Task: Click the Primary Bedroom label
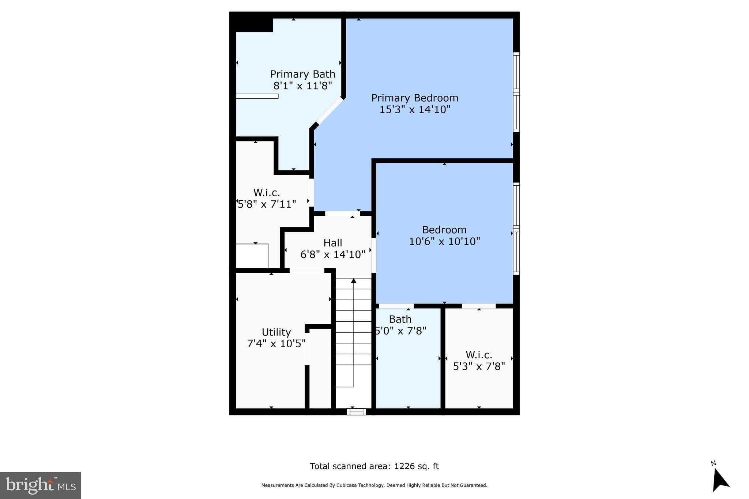point(415,98)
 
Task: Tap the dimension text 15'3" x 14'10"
point(415,109)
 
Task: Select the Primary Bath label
point(303,74)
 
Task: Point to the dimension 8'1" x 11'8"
point(303,86)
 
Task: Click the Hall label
point(333,243)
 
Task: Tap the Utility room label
point(276,332)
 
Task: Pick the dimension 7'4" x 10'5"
point(276,344)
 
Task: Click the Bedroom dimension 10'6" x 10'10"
point(444,241)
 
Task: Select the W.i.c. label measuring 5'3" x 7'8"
point(479,355)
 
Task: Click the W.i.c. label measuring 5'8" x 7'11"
point(267,193)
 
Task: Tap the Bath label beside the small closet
point(400,319)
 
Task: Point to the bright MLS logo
point(41,485)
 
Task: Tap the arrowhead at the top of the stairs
point(354,280)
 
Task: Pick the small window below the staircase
point(357,412)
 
